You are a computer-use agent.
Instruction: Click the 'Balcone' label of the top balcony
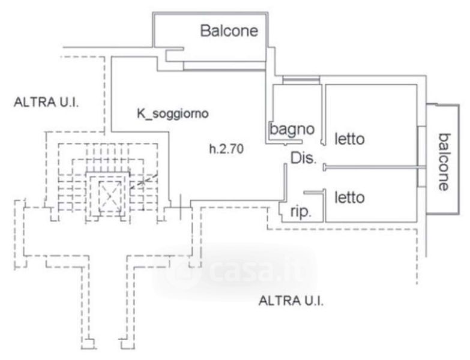(x=229, y=30)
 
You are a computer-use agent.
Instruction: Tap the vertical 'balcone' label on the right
(x=444, y=161)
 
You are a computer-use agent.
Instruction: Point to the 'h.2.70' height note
(x=226, y=150)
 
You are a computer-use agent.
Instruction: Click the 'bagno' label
(x=292, y=128)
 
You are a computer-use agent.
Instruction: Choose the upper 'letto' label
(x=349, y=139)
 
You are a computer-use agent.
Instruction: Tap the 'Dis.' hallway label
(x=303, y=158)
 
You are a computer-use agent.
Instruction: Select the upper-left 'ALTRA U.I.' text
(x=47, y=102)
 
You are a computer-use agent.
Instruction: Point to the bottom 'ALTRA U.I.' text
(x=291, y=301)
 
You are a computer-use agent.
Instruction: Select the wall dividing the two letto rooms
(x=371, y=167)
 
